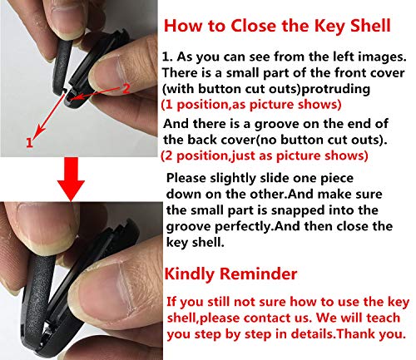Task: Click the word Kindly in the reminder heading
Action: (x=196, y=274)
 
